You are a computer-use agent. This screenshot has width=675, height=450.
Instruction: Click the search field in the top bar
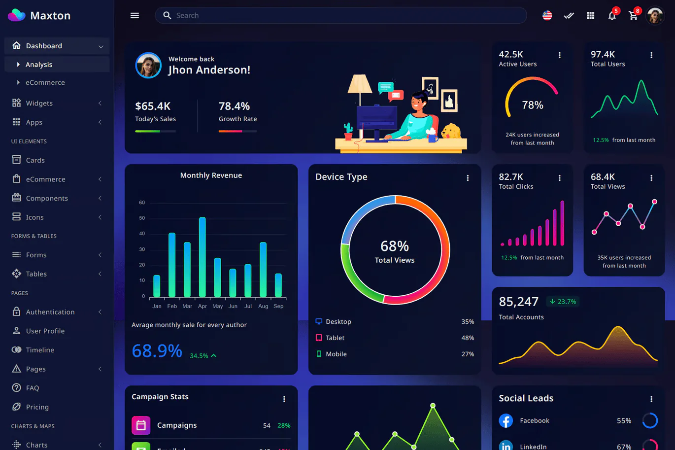coord(340,15)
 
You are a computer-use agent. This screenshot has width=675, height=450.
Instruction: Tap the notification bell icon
coord(611,16)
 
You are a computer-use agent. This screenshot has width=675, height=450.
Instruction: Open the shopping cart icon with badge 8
coord(633,16)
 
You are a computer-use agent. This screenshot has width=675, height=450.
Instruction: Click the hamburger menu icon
coord(135,15)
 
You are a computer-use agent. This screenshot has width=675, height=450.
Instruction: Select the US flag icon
coord(547,15)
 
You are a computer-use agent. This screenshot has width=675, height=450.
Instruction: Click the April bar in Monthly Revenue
coord(202,256)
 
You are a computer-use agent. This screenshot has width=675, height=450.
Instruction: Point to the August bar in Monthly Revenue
coord(263,269)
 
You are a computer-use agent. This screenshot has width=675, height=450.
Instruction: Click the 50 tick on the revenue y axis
coord(142,218)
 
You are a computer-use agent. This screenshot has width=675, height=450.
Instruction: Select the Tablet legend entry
coord(335,338)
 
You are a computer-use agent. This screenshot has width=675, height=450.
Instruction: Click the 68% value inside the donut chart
coord(394,246)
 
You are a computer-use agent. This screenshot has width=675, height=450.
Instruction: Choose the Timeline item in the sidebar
coord(40,350)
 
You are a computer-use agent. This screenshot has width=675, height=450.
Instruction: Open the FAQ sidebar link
coord(33,388)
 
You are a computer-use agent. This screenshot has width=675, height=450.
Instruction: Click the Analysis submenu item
coord(39,65)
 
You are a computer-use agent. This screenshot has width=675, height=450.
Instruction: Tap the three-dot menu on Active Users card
coord(559,55)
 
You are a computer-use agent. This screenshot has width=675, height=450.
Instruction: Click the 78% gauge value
coord(532,105)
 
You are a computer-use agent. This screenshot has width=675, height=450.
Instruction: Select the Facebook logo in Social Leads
coord(506,420)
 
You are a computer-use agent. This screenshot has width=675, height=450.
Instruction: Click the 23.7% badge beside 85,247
coord(563,302)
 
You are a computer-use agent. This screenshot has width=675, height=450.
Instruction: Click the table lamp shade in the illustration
coord(360,84)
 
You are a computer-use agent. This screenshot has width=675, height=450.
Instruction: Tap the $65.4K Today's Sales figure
coord(153,106)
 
